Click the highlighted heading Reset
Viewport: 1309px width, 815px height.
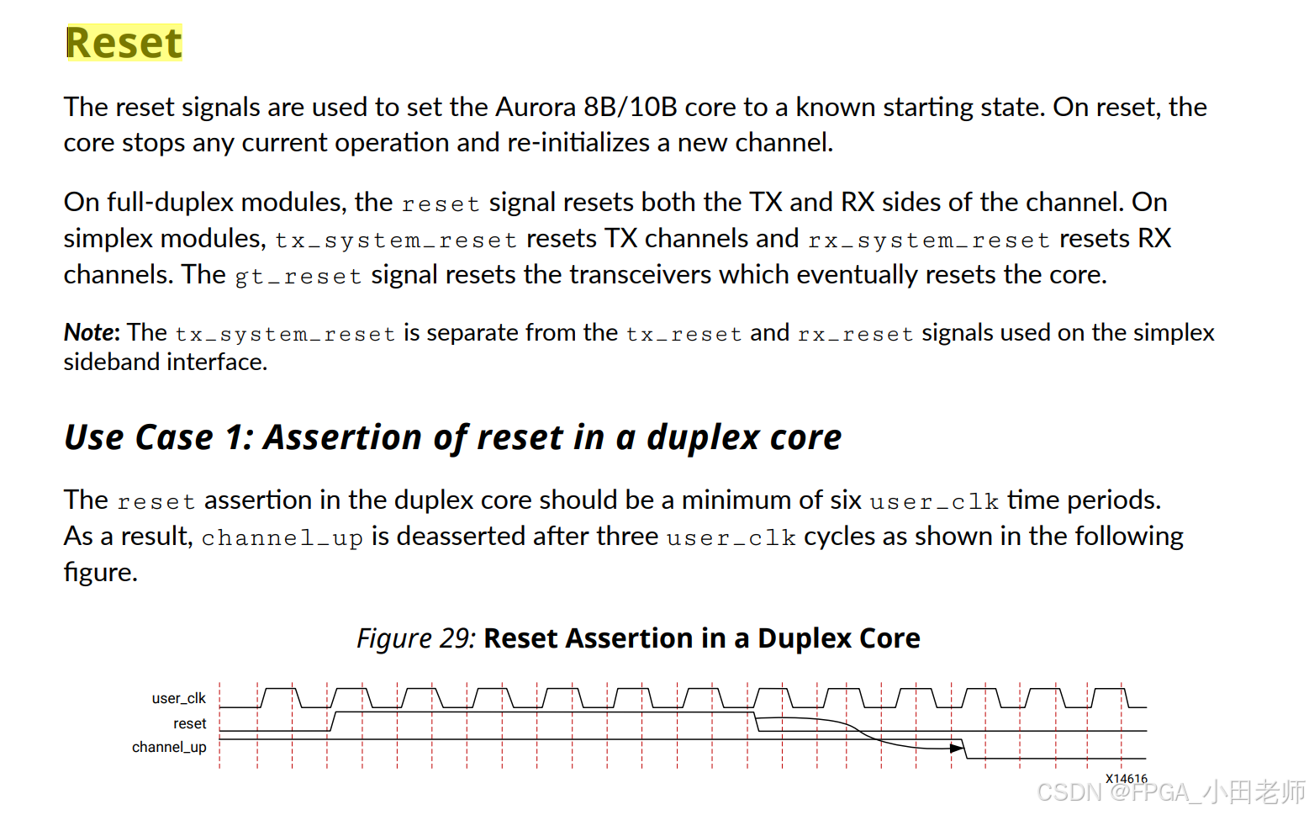(x=124, y=43)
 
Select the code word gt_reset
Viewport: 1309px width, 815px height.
(x=298, y=277)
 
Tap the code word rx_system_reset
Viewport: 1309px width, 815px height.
(x=928, y=241)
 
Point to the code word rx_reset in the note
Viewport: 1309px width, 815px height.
(x=855, y=335)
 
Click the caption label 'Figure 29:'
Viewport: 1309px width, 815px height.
(x=415, y=639)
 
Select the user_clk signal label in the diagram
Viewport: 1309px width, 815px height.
(x=178, y=699)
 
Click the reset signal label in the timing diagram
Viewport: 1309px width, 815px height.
(x=189, y=724)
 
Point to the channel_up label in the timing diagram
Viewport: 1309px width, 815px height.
(x=169, y=748)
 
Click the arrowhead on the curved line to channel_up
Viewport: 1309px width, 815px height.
(x=957, y=748)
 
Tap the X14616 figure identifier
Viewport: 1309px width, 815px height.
(x=1126, y=779)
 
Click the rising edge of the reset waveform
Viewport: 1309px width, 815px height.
(x=333, y=722)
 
